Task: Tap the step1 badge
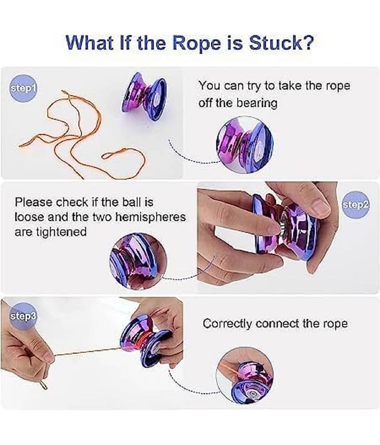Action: (23, 89)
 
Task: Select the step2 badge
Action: (355, 204)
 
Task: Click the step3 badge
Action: (23, 316)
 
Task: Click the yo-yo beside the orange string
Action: (144, 96)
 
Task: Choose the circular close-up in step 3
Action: (245, 374)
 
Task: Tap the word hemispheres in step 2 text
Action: (151, 216)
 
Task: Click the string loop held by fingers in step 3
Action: (43, 383)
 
